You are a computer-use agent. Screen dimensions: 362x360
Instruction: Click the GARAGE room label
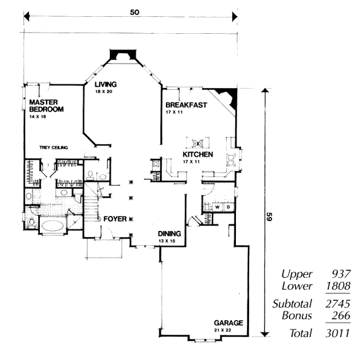click(x=228, y=323)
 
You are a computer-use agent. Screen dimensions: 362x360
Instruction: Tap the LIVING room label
click(x=106, y=84)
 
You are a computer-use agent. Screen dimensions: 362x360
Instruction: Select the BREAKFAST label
click(x=186, y=105)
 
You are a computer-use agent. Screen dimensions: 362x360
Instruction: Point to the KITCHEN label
click(x=198, y=154)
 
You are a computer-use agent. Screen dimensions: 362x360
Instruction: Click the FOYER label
click(x=115, y=219)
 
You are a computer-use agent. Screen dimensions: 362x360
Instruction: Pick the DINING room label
click(x=169, y=234)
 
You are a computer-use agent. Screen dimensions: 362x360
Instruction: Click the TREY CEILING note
click(x=54, y=148)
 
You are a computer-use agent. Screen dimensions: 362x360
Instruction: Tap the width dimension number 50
click(x=135, y=12)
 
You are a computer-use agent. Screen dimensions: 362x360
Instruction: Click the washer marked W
click(x=217, y=207)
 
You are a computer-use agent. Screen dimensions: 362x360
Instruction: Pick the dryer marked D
click(x=228, y=207)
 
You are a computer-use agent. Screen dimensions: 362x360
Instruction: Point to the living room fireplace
click(x=123, y=54)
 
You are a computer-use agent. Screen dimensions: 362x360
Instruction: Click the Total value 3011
click(x=337, y=333)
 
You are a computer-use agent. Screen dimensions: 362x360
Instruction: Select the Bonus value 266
click(x=341, y=315)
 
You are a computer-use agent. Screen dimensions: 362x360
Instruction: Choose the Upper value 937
click(x=341, y=274)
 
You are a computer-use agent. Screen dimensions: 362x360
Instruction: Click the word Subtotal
click(x=292, y=303)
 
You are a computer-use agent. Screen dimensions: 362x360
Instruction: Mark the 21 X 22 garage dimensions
click(x=223, y=330)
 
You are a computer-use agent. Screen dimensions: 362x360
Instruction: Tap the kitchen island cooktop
click(x=198, y=143)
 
